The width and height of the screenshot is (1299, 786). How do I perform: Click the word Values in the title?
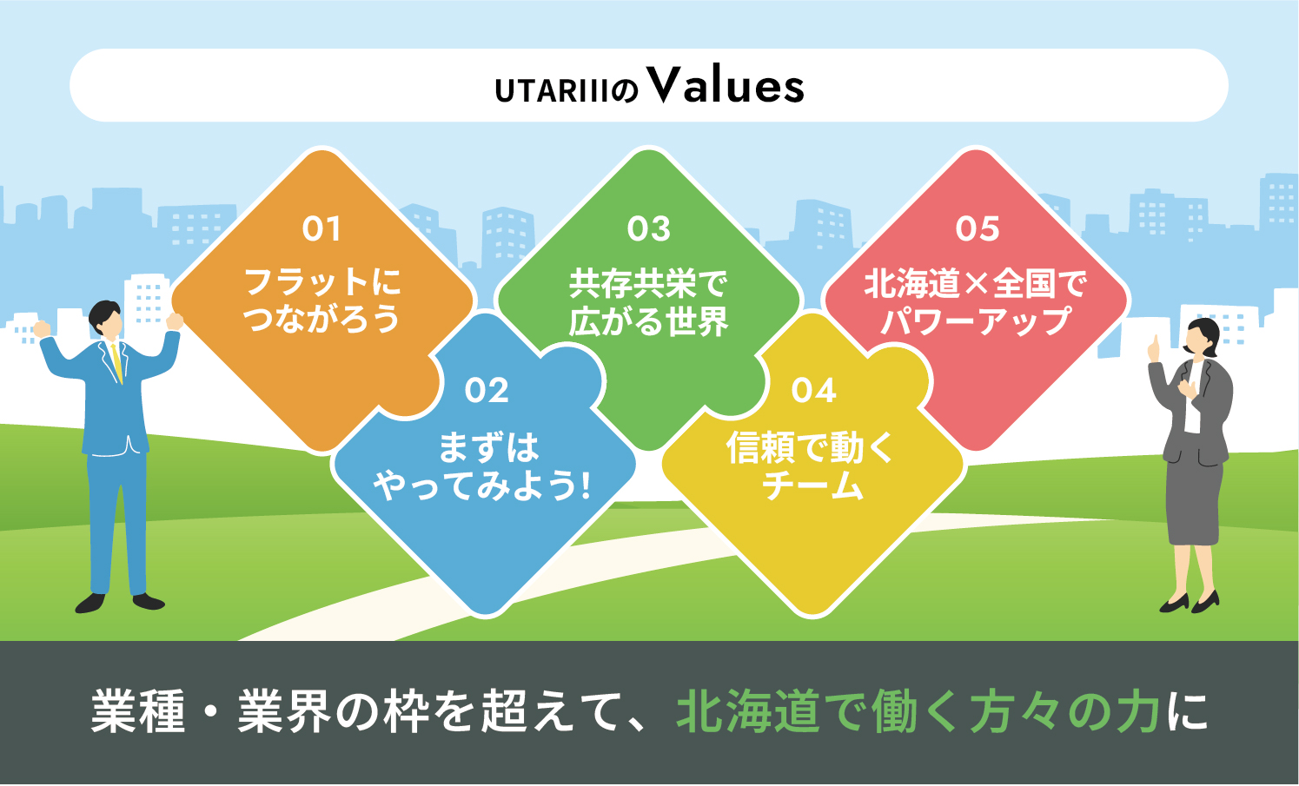(x=726, y=85)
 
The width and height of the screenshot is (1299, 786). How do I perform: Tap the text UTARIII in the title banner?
(x=552, y=91)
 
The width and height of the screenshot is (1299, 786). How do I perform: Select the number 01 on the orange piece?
(x=321, y=229)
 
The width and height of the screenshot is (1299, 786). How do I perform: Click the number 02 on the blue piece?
(x=487, y=390)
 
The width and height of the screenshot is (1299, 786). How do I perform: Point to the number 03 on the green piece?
(x=649, y=229)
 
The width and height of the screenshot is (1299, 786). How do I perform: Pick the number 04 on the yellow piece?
(x=813, y=390)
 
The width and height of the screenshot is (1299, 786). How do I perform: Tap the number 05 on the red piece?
(x=978, y=229)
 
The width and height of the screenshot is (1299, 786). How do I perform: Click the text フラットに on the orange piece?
(x=322, y=282)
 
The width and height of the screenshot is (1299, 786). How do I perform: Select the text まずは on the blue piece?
(x=488, y=448)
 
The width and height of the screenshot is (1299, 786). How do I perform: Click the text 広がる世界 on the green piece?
(x=648, y=320)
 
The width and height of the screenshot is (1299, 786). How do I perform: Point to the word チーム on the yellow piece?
(x=812, y=485)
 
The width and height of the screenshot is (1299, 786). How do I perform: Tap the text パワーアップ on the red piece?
(x=976, y=320)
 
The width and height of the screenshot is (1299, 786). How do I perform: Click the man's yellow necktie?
(x=117, y=362)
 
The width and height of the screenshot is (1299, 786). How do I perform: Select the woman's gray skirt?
(x=1194, y=501)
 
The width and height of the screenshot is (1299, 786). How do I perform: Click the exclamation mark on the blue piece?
(x=585, y=485)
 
